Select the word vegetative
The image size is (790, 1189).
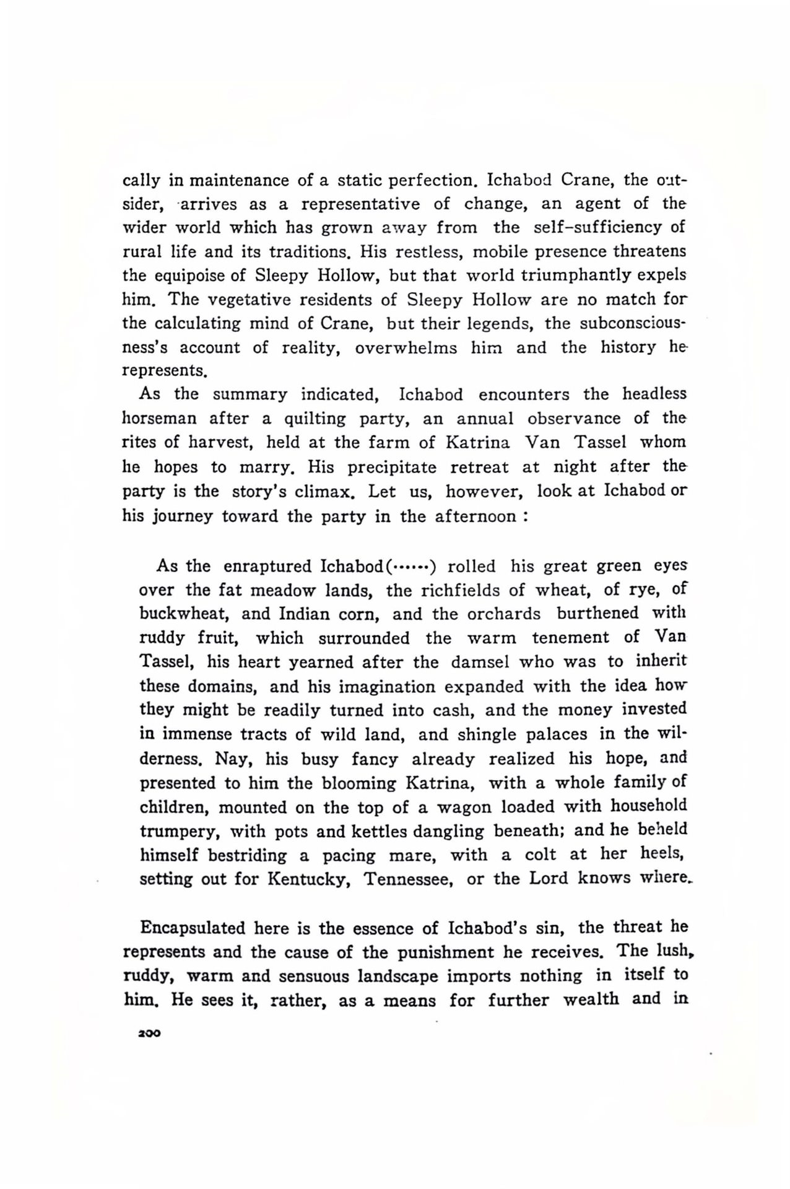point(249,300)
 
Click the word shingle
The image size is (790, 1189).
point(487,734)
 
